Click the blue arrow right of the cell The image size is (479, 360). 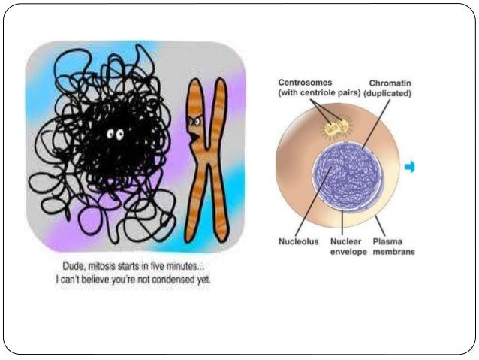point(410,168)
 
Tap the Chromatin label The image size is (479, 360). point(390,83)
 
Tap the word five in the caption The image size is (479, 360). point(159,265)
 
